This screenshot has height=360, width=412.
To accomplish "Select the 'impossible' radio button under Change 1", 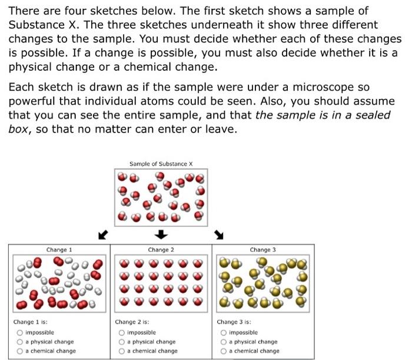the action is coord(19,332).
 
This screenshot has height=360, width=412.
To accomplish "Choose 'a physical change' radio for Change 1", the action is coord(19,342).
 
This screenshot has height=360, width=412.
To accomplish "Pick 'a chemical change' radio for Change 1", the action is coord(19,351).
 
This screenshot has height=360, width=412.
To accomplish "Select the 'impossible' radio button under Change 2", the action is coord(122,332).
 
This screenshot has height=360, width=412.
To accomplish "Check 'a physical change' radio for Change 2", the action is coord(122,342).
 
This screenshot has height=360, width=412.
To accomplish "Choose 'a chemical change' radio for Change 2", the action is coord(122,351).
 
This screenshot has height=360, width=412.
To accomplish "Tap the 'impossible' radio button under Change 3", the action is coord(224,332).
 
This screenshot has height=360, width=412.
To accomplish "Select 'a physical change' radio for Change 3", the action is coord(224,342).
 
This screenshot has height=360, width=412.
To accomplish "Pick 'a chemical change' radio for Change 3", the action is coord(224,351).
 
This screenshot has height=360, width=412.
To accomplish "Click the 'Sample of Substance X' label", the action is coord(161,164).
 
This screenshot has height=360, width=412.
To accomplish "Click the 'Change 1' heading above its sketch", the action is coord(58,250).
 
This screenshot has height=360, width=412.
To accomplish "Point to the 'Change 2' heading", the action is coord(161,250).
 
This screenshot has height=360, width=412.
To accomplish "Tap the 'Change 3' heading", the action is coord(263,250).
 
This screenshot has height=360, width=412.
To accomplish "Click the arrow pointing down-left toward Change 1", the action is coord(103,236).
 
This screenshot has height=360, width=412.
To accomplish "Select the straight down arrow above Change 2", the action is coord(161,235).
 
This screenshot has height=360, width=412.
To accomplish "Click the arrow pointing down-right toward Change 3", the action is coord(219,236).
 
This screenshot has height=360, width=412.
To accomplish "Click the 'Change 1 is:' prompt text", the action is coord(31,322).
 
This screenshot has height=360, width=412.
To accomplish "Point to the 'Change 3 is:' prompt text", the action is coord(234,322).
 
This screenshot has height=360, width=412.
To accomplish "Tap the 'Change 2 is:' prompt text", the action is coord(132,322).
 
